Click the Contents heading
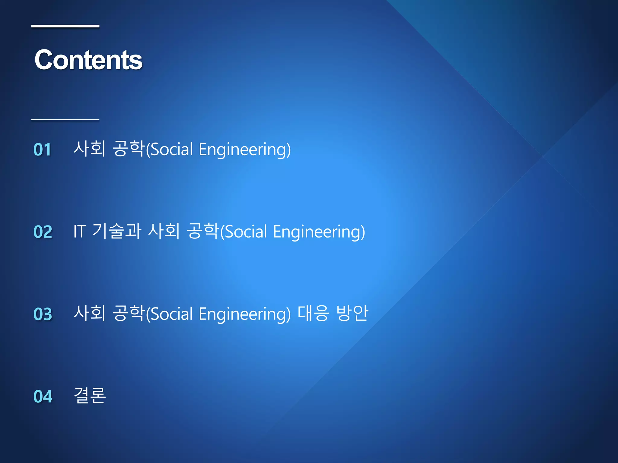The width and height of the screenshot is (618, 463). pos(88,60)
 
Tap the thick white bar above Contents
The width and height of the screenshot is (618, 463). pos(65,26)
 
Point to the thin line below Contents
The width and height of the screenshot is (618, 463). pos(65,120)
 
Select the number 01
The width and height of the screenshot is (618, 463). pos(42,149)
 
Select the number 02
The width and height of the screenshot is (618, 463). pos(43,231)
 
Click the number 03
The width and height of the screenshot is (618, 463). pos(43,314)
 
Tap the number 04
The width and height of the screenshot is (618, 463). pos(43,396)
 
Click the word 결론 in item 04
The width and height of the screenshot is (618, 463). pos(90,395)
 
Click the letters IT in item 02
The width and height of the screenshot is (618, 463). pos(79,231)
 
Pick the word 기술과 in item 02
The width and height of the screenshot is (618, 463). pos(116,231)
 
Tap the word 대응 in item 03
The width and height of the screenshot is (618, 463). pos(313,313)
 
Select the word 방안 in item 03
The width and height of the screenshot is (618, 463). pos(352,313)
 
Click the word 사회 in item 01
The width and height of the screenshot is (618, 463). pos(90,149)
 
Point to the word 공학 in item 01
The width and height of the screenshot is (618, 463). pos(128,149)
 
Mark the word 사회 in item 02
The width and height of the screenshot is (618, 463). pos(164,231)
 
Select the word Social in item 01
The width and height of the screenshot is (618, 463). pos(171,150)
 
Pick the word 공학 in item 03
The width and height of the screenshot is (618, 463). pos(128,313)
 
